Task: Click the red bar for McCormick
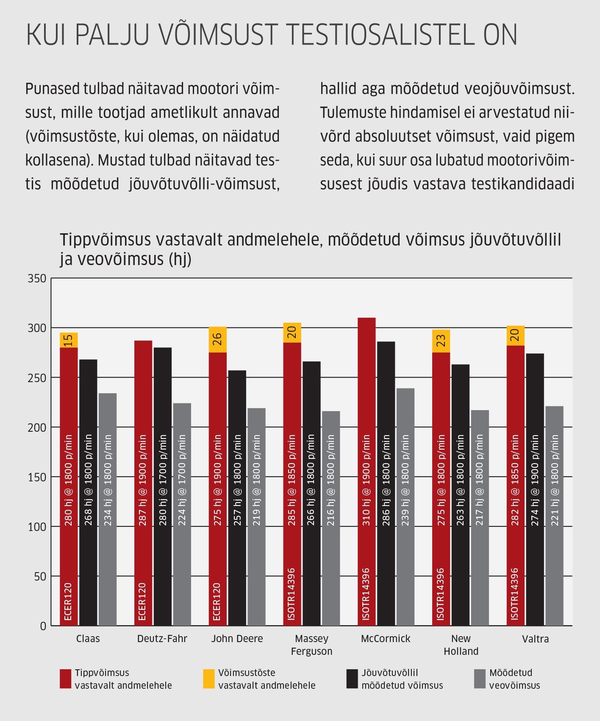coord(367,472)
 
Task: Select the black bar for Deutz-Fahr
coord(163,486)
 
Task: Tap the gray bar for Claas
coord(108,509)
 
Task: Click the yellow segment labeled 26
coord(217,339)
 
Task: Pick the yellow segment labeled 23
coord(441,341)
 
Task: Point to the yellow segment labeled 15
coord(69,340)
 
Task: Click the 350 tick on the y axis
coord(36,279)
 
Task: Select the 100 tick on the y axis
coord(36,527)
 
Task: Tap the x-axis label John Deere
coord(237,638)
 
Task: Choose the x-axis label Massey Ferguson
coord(312,645)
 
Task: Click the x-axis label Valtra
coord(536,639)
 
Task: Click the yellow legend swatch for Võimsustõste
coord(209,679)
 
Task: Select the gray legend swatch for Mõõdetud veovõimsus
coord(479,679)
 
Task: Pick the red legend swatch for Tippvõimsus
coord(65,679)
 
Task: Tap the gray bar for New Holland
coord(480,518)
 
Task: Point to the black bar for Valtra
coord(535,489)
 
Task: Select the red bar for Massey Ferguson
coord(292,484)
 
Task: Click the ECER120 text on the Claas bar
coord(69,602)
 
